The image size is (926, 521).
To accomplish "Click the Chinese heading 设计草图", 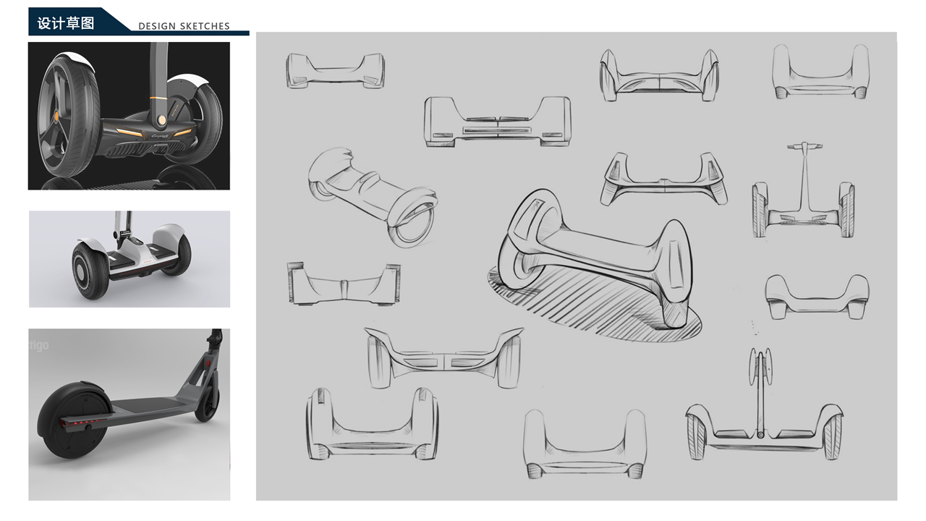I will coord(66,22).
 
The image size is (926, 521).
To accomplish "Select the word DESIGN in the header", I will coord(157,26).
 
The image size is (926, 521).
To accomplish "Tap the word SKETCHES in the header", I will coord(205,26).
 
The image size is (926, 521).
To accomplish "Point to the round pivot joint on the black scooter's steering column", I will coord(161,119).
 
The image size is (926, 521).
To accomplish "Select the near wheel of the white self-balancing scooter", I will coord(90,270).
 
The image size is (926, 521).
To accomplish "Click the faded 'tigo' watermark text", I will coord(39,345).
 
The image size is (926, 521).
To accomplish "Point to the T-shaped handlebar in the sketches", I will coord(804,147).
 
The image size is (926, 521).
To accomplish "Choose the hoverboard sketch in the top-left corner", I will coord(335,71).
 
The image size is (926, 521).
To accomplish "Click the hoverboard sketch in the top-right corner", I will coord(820,72).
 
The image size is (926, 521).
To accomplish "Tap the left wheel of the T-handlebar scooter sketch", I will coord(760,210).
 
